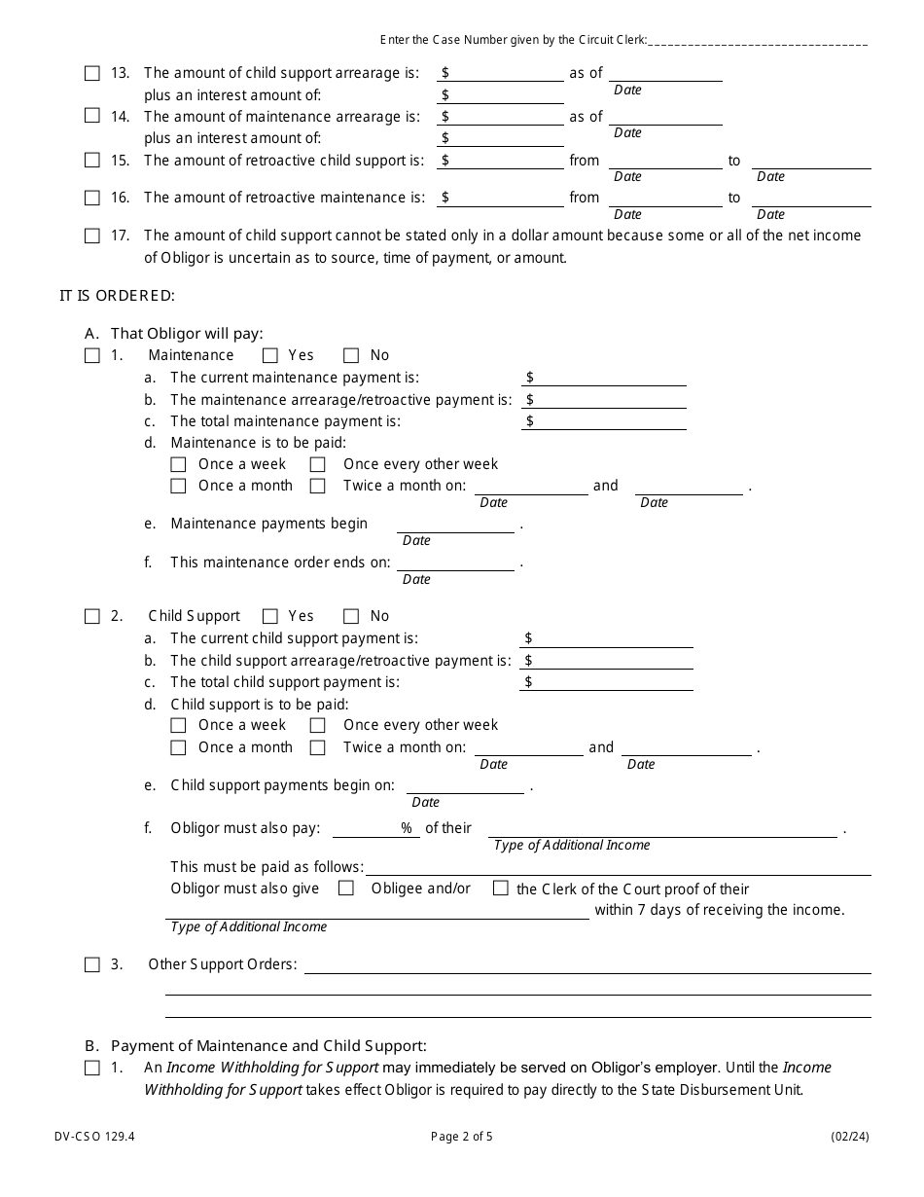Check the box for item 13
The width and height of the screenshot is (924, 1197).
[92, 73]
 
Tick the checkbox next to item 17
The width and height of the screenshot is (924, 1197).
[92, 236]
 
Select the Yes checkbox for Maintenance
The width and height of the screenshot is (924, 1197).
[270, 356]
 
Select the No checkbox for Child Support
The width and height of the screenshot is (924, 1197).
[351, 616]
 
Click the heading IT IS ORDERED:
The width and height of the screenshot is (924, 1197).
[117, 295]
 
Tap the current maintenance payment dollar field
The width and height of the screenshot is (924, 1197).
[608, 378]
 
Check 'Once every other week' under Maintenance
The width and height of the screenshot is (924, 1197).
[318, 464]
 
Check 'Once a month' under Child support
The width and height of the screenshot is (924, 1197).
[178, 747]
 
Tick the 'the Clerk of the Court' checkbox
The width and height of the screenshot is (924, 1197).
[501, 889]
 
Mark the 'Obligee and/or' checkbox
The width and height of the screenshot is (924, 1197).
[345, 889]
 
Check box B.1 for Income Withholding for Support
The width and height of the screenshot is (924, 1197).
[92, 1068]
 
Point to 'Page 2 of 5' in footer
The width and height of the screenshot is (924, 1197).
[461, 1136]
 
